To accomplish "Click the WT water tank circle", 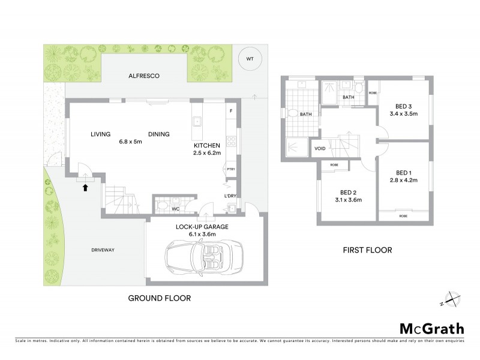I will pos(250,59).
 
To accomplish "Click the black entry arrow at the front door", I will pos(85,187).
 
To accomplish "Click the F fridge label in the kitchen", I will pos(231,112).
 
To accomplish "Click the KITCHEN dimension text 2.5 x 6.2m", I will pos(207,154).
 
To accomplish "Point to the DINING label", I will pos(159,134).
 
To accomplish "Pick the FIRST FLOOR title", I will pos(368,250).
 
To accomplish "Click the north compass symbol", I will pos(451,298).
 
